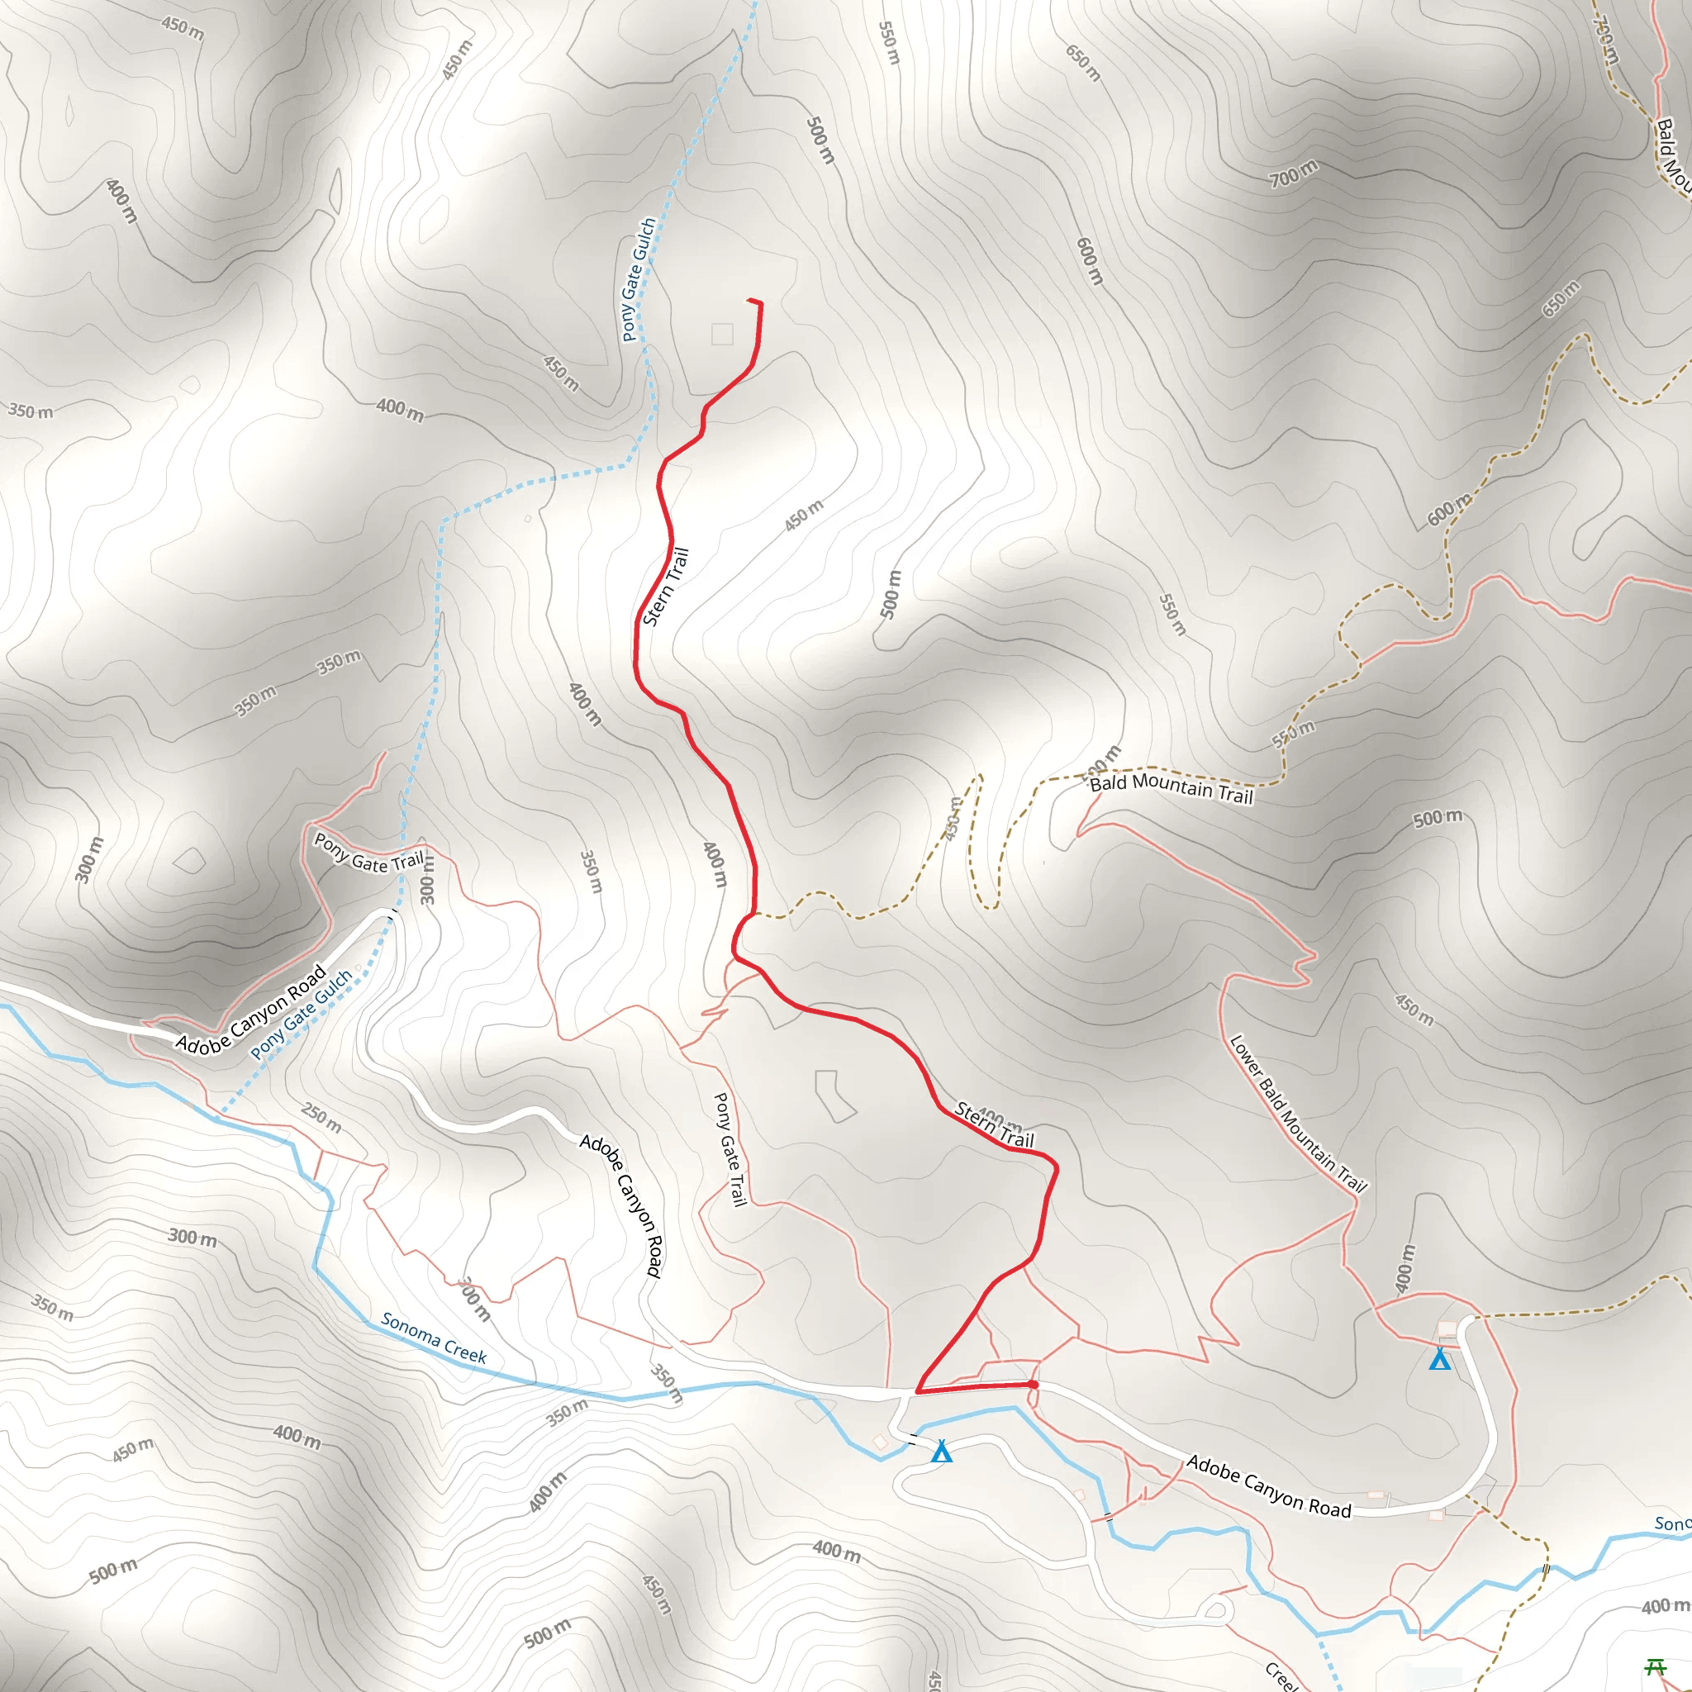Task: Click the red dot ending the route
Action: pyautogui.click(x=1034, y=1385)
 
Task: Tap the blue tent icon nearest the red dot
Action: pyautogui.click(x=942, y=1452)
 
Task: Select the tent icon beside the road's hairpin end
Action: pyautogui.click(x=1440, y=1360)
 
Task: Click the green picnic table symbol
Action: pyautogui.click(x=1655, y=1666)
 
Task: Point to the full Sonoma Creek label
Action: pyautogui.click(x=434, y=1338)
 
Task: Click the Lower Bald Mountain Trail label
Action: pyautogui.click(x=1297, y=1114)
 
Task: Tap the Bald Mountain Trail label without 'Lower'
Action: pyautogui.click(x=1171, y=788)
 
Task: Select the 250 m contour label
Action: pyautogui.click(x=321, y=1118)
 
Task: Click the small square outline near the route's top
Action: pyautogui.click(x=723, y=334)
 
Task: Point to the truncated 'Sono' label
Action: pyautogui.click(x=1672, y=1523)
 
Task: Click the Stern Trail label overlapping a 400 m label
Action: pyautogui.click(x=994, y=1125)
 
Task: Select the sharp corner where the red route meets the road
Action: pyautogui.click(x=917, y=1390)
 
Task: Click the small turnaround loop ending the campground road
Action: pyautogui.click(x=1214, y=1609)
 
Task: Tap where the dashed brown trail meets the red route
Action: pyautogui.click(x=753, y=915)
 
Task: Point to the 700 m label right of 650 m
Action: pyautogui.click(x=1294, y=174)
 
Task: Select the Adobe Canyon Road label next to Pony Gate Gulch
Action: pyautogui.click(x=251, y=1009)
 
